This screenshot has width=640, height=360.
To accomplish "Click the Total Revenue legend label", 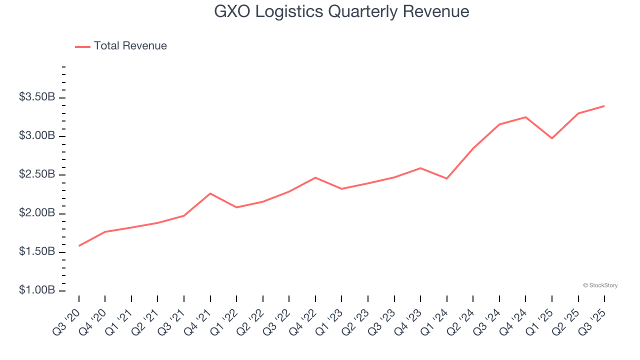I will click(x=130, y=46).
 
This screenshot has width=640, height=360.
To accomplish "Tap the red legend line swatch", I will click(x=82, y=46).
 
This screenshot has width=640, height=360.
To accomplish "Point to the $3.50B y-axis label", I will click(x=37, y=97).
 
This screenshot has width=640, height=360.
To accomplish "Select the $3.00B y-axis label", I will click(x=37, y=136).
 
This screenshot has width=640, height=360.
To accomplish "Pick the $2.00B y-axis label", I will click(x=37, y=213).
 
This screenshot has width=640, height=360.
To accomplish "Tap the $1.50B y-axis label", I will click(x=37, y=252).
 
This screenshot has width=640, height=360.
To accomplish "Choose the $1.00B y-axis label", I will click(x=37, y=290).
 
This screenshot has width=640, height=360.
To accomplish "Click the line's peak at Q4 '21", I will click(x=210, y=193).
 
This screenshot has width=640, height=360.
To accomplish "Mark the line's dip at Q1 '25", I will click(x=552, y=138).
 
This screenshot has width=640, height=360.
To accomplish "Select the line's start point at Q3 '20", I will click(x=79, y=245).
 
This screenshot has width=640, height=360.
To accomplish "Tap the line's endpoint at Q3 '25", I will click(x=604, y=106).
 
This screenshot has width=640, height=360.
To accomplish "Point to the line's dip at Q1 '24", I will click(x=446, y=178).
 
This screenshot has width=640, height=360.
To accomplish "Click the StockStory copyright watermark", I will click(x=600, y=285).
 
